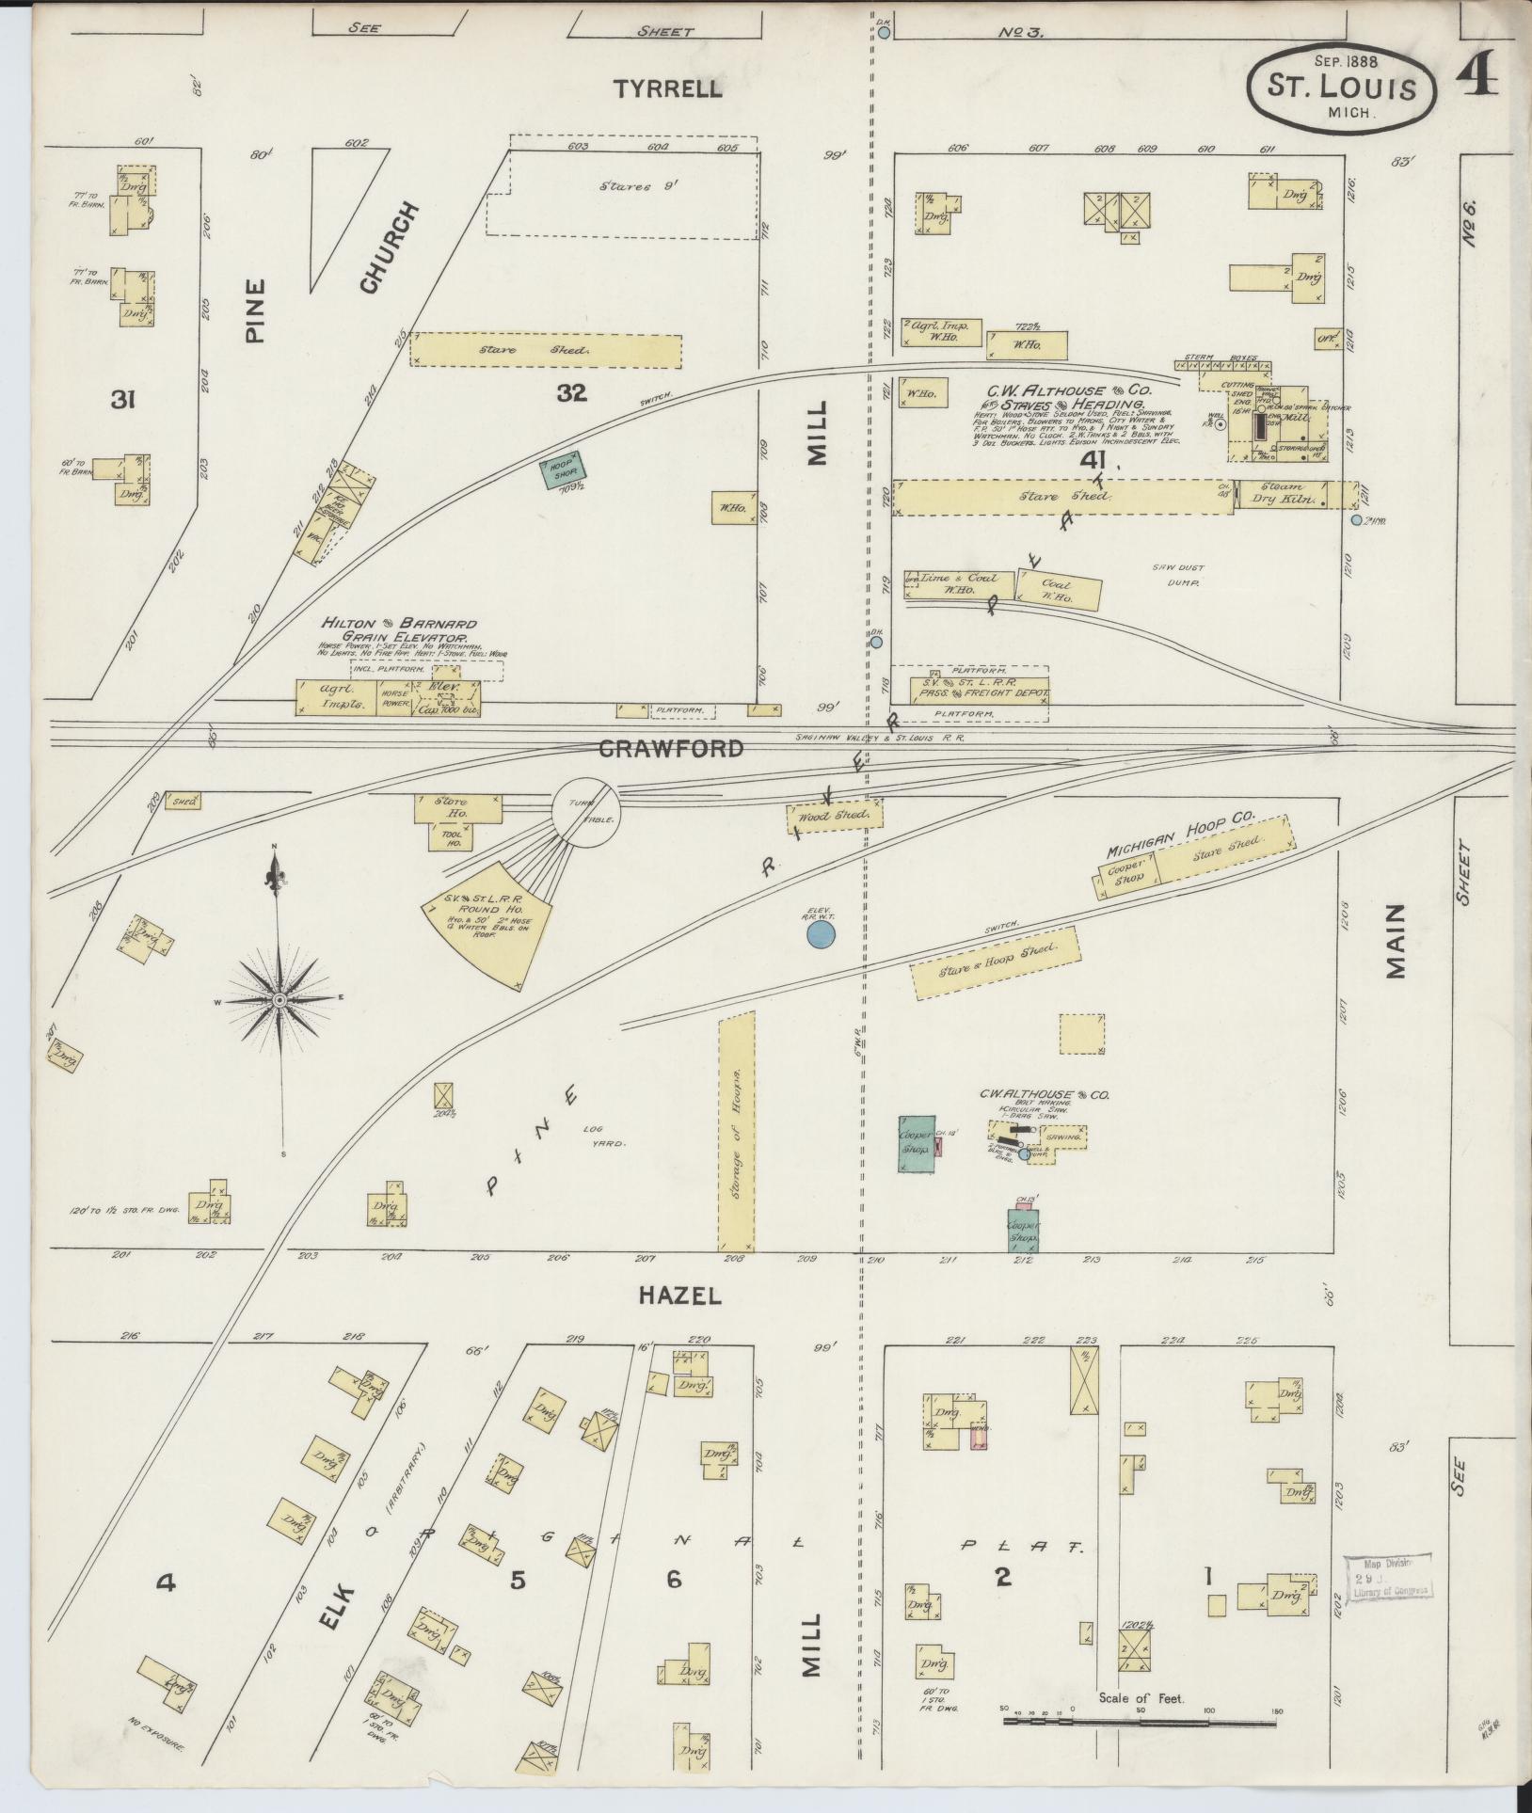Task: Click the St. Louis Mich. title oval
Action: (1342, 88)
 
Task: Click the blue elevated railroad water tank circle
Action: (822, 933)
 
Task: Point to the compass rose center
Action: (279, 1002)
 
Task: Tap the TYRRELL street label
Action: (668, 89)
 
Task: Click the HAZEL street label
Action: (679, 1296)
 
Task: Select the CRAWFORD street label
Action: (670, 749)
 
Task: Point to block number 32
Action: (571, 393)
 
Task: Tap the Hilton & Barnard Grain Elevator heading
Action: (400, 630)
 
